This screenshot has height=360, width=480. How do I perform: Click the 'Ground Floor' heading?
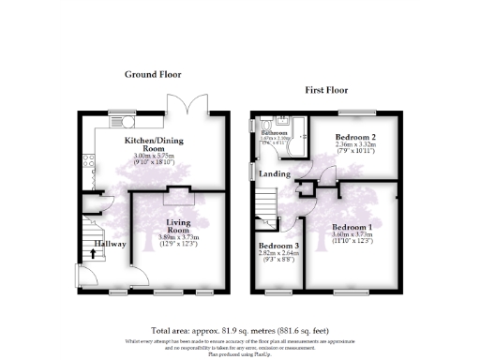click(x=153, y=74)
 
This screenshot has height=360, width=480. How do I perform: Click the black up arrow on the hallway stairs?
click(x=92, y=264)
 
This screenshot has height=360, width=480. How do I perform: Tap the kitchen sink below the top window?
click(x=123, y=121)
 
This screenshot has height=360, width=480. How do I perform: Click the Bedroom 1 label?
click(x=352, y=228)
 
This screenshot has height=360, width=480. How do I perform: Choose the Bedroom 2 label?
click(x=354, y=138)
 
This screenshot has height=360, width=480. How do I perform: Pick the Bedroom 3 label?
click(x=277, y=246)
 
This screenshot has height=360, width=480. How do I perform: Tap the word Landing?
click(x=274, y=174)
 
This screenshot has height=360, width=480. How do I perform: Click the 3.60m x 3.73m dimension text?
click(x=352, y=235)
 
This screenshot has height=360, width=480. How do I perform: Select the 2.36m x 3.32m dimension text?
click(x=355, y=145)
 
